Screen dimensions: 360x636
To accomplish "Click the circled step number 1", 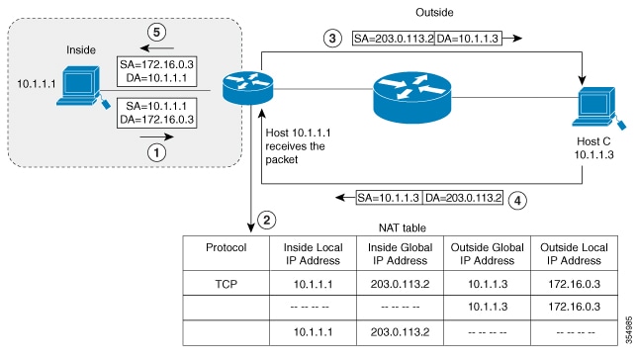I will (154, 153).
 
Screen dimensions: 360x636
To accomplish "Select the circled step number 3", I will (334, 39).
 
